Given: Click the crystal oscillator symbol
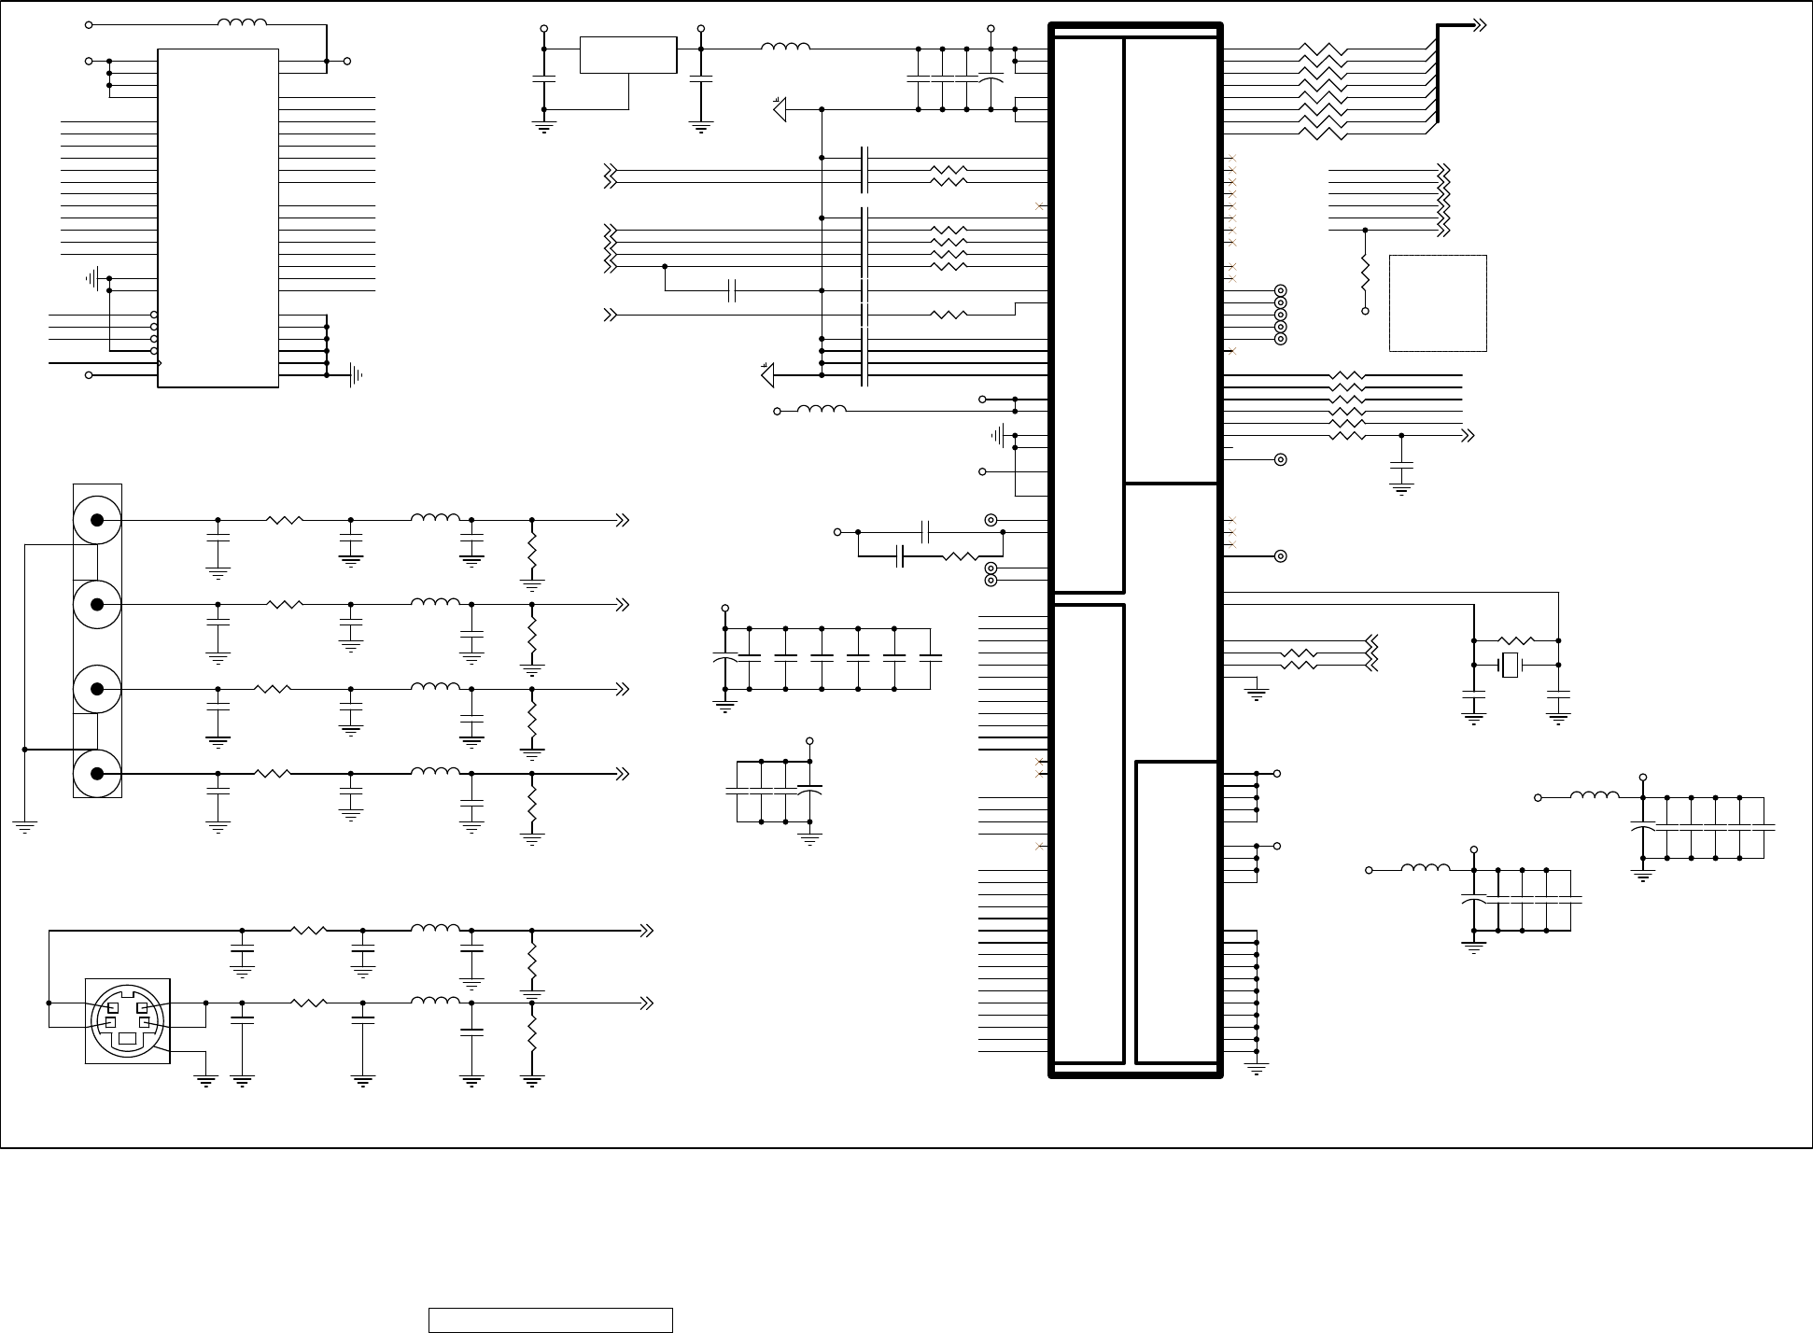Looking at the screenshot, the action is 1510,666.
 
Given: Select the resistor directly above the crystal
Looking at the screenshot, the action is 1516,640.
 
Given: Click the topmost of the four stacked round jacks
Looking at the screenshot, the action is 97,520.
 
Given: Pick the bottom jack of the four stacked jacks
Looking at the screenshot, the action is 97,773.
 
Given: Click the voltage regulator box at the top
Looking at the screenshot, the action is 627,55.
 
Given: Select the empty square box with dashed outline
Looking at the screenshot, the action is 1438,303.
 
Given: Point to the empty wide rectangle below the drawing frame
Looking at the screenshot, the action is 551,1320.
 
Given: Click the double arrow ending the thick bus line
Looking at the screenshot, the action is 1479,25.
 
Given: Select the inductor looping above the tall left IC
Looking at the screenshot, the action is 242,23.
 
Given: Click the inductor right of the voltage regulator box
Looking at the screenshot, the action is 785,47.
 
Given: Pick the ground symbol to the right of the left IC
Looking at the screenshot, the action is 355,375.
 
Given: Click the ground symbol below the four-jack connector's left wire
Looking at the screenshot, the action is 24,825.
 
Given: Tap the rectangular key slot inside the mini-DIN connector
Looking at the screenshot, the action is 127,1038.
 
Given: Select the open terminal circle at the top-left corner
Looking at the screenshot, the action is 89,24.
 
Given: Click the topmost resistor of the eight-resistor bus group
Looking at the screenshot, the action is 1323,49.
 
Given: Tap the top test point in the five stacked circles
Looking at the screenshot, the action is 1281,291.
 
